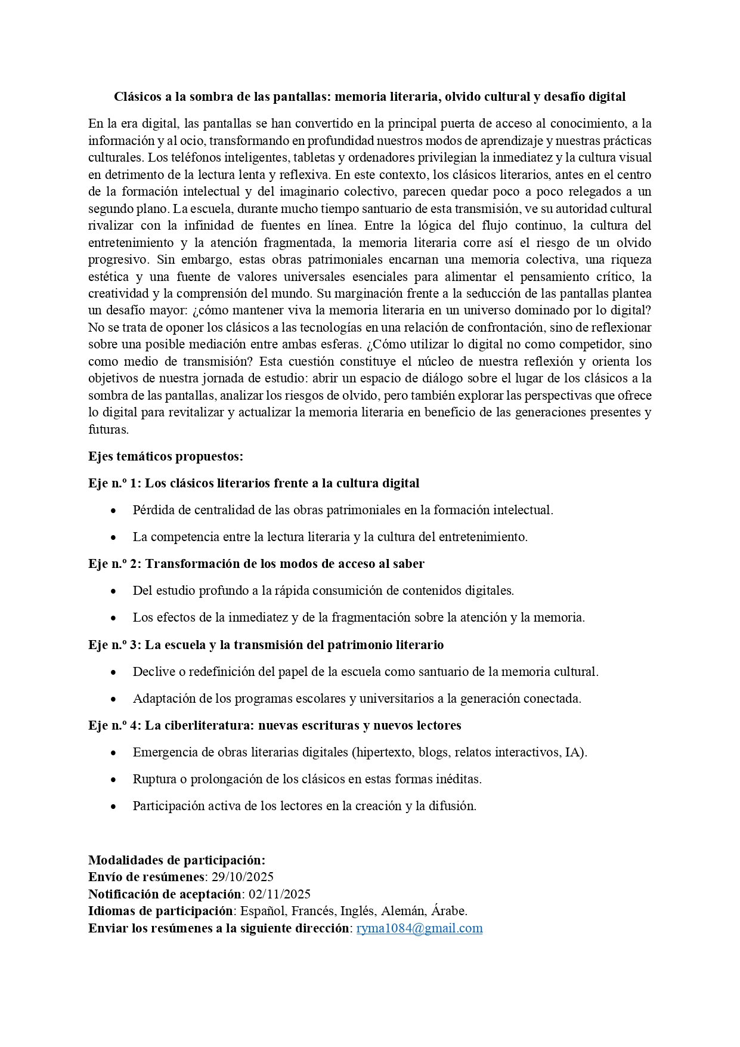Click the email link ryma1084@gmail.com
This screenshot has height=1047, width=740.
pyautogui.click(x=419, y=928)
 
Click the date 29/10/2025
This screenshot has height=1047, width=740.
pyautogui.click(x=242, y=877)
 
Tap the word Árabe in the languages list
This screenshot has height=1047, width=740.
pyautogui.click(x=449, y=911)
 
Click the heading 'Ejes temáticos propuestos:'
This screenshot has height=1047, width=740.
pyautogui.click(x=166, y=456)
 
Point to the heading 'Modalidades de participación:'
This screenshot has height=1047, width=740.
pyautogui.click(x=177, y=860)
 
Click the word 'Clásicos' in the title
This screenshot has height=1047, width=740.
pyautogui.click(x=137, y=97)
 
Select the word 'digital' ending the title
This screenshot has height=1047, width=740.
pyautogui.click(x=606, y=97)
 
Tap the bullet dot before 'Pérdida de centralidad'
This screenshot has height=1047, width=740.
pyautogui.click(x=113, y=511)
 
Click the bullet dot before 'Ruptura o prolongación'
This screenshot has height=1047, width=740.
pyautogui.click(x=113, y=780)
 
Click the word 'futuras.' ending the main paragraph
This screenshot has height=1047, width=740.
pyautogui.click(x=109, y=430)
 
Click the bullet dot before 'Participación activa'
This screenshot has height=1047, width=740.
pyautogui.click(x=113, y=807)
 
